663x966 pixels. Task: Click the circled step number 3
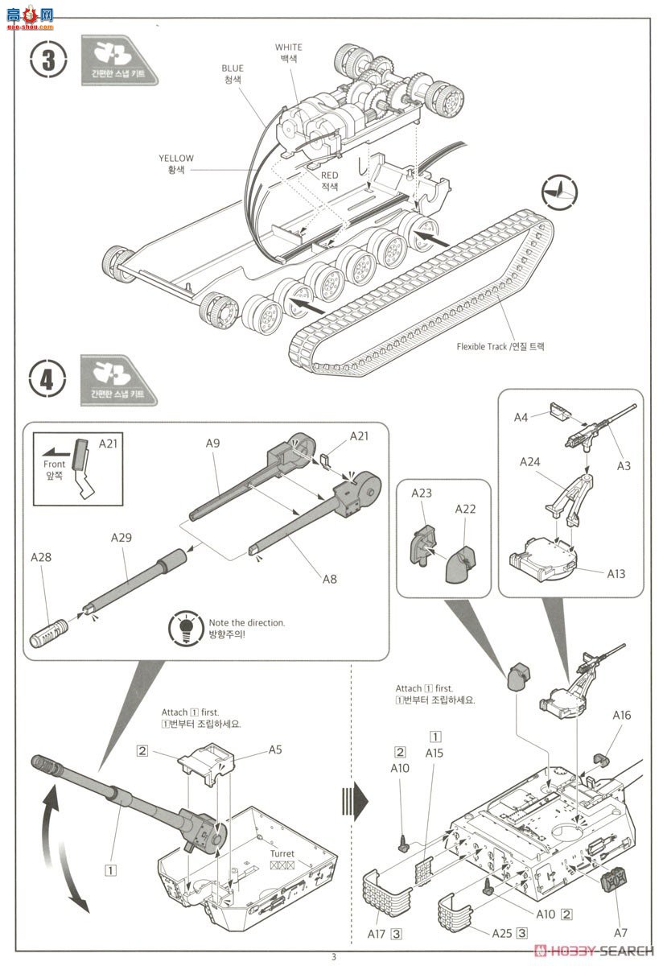47,61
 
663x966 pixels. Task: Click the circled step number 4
47,379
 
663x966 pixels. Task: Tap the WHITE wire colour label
289,47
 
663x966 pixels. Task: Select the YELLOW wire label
176,159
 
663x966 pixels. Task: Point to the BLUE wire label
232,68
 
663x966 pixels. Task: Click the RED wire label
330,174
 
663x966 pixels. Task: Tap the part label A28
42,557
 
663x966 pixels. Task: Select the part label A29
122,537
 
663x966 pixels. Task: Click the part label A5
276,749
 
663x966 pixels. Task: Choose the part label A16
622,714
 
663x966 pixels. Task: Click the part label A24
530,461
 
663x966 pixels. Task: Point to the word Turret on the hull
282,853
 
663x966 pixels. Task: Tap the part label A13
619,574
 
